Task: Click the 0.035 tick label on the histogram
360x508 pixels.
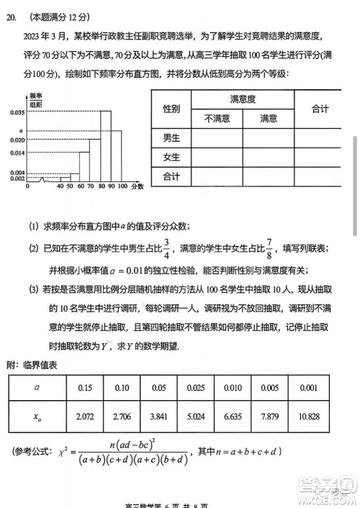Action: coord(17,113)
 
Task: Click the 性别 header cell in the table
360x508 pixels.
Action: coord(171,109)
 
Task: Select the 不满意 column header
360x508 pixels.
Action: coord(217,119)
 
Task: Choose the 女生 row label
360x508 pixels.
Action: coord(171,158)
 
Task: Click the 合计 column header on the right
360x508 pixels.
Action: coord(320,109)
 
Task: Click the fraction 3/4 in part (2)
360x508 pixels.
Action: coord(167,248)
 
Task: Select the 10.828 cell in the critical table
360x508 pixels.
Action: coord(328,417)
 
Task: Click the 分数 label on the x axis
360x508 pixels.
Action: coord(137,186)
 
